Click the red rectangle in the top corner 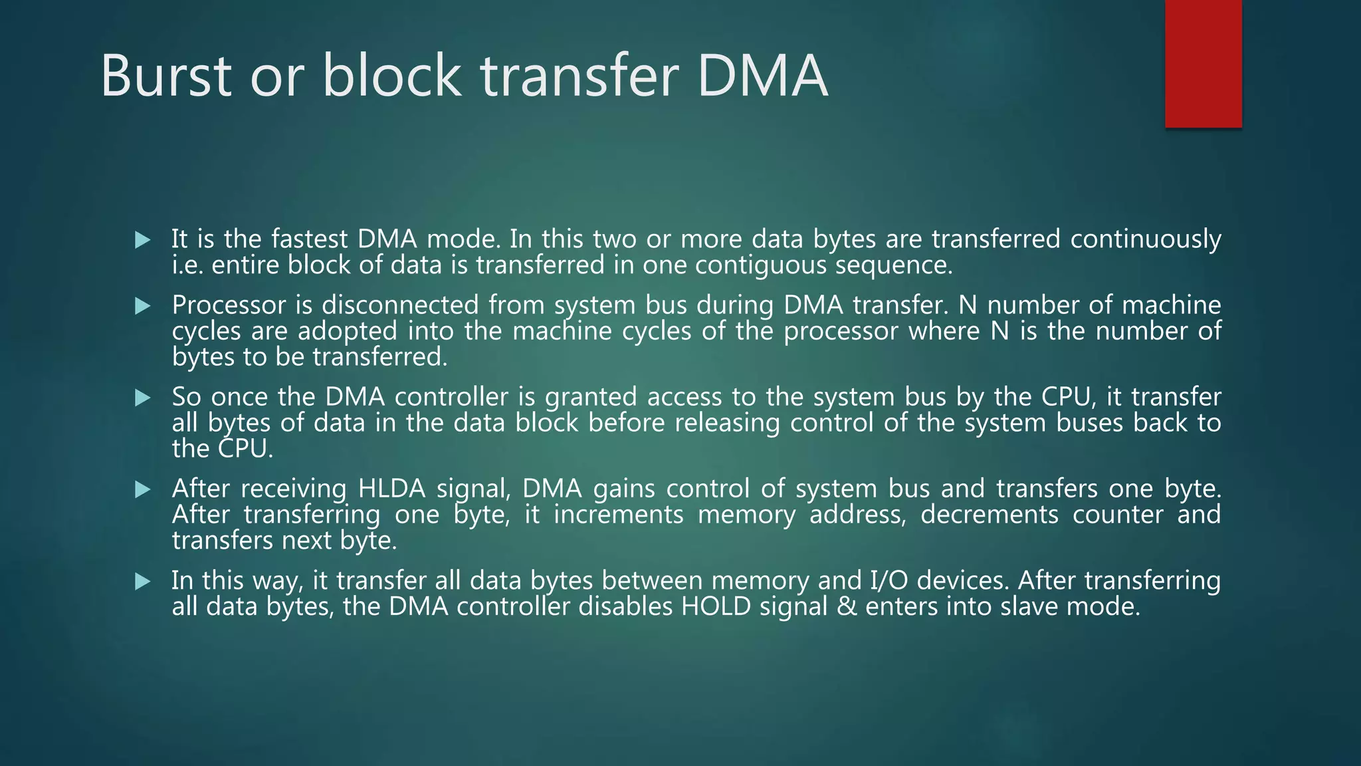coord(1203,63)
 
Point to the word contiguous coord(760,265)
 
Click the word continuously coord(1145,239)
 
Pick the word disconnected coord(400,305)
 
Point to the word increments coord(618,515)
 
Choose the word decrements coord(989,515)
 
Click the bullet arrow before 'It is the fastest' coord(142,240)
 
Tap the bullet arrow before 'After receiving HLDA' coord(142,490)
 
